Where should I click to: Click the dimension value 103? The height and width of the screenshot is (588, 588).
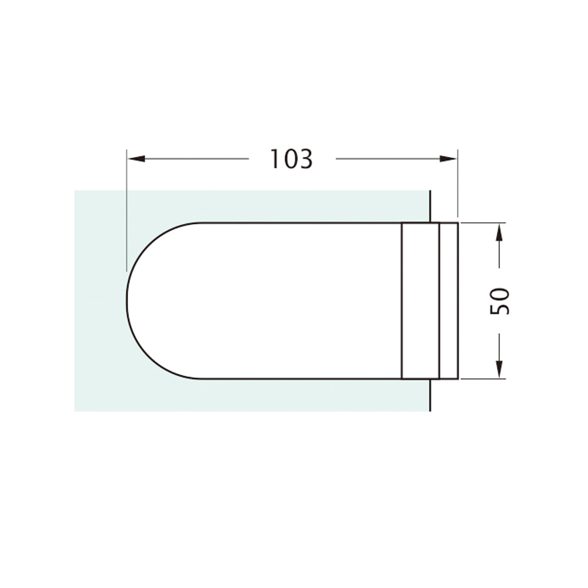click(x=291, y=159)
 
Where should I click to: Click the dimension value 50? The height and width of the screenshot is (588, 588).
click(x=500, y=300)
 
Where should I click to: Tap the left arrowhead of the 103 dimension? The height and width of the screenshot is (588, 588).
click(x=136, y=159)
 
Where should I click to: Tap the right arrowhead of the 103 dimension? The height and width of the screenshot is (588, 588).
click(x=448, y=159)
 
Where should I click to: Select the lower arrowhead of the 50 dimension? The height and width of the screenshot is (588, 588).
click(x=499, y=369)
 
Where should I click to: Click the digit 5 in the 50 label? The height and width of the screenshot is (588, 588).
click(x=500, y=308)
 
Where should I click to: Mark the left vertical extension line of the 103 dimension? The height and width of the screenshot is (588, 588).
click(x=127, y=210)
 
